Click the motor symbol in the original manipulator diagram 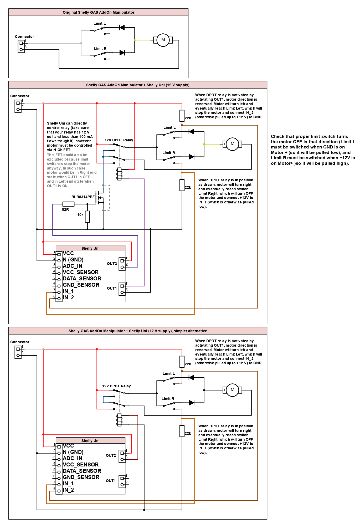pyautogui.click(x=163, y=40)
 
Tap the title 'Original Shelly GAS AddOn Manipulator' pyautogui.click(x=99, y=12)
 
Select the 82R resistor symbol pyautogui.click(x=68, y=204)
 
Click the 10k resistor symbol pyautogui.click(x=88, y=217)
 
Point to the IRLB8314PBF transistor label pyautogui.click(x=83, y=197)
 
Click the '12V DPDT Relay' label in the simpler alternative pyautogui.click(x=116, y=386)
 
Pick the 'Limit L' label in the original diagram pyautogui.click(x=100, y=23)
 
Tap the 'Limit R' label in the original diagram pyautogui.click(x=100, y=49)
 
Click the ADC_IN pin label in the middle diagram pyautogui.click(x=73, y=266)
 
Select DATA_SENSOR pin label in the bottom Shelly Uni pyautogui.click(x=82, y=471)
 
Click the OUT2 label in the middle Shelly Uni pyautogui.click(x=112, y=264)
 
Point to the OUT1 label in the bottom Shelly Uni pyautogui.click(x=111, y=481)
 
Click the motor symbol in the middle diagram pyautogui.click(x=232, y=144)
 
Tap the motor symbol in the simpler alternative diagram pyautogui.click(x=232, y=390)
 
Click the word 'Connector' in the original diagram pyautogui.click(x=24, y=37)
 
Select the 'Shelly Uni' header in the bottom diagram pyautogui.click(x=90, y=441)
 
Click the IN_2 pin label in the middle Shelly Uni pyautogui.click(x=68, y=297)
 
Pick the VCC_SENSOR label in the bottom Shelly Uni pyautogui.click(x=81, y=465)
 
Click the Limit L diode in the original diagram pyautogui.click(x=122, y=27)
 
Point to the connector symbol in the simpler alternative pyautogui.click(x=18, y=352)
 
